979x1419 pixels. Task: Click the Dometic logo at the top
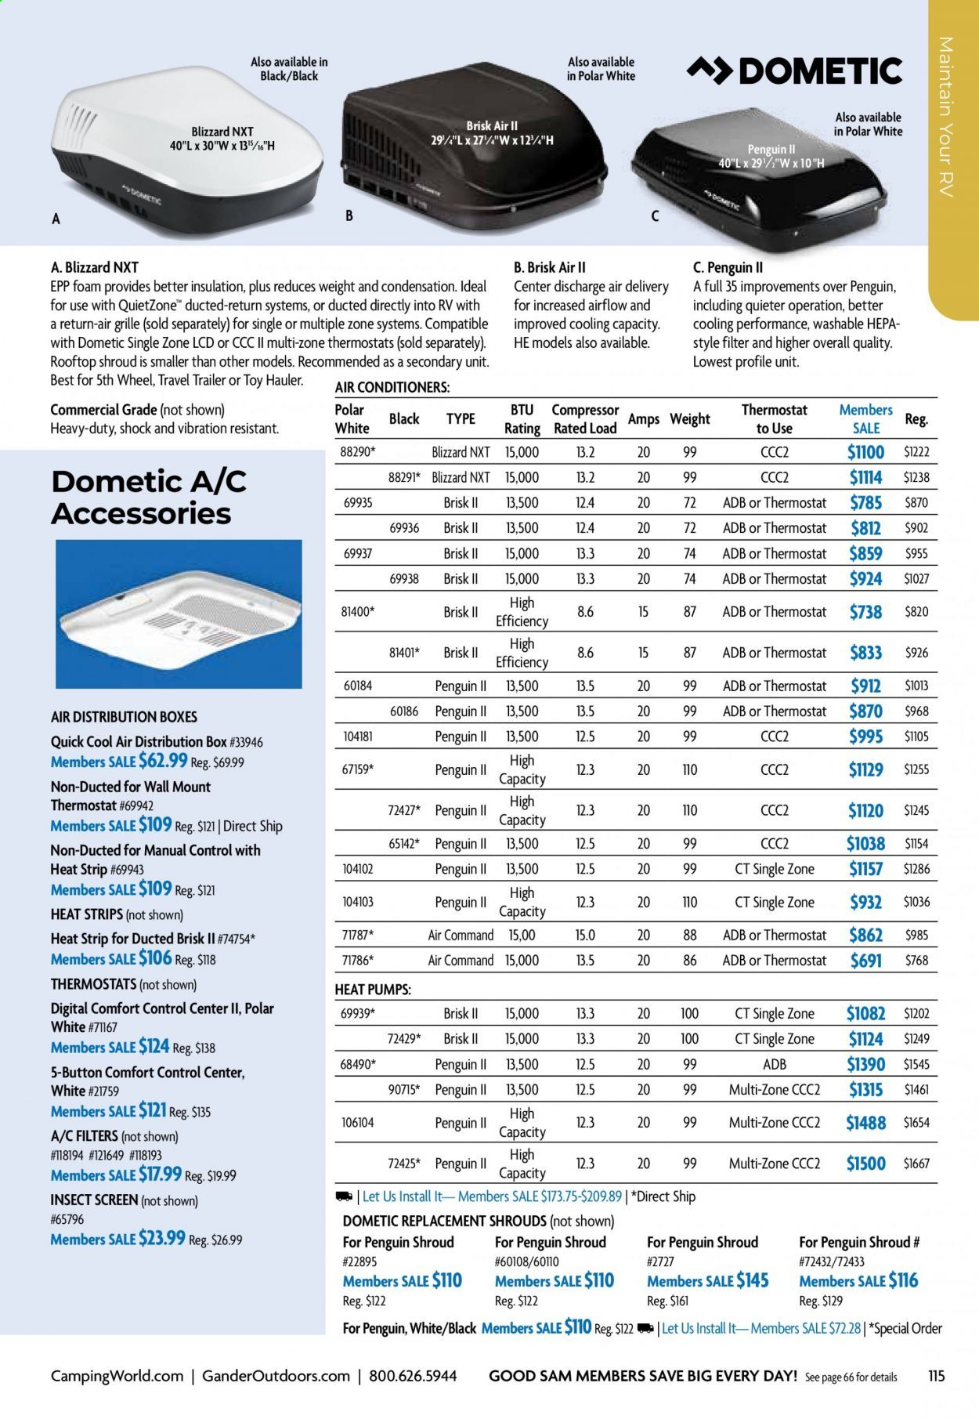(x=794, y=71)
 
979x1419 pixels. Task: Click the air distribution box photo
(x=179, y=614)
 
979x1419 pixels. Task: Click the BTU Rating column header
(x=522, y=419)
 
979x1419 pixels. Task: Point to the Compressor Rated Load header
(x=584, y=419)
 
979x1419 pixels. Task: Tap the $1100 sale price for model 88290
(x=865, y=452)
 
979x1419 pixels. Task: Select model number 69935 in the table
(x=358, y=503)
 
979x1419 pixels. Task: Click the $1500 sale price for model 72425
(x=865, y=1164)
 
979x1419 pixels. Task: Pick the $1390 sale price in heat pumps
(x=865, y=1064)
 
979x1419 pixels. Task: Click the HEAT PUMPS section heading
(x=372, y=990)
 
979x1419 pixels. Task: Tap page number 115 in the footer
(x=936, y=1376)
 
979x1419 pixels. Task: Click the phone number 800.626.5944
(x=413, y=1376)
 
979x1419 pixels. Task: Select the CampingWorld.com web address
(x=117, y=1376)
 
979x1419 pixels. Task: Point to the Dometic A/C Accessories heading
(x=149, y=497)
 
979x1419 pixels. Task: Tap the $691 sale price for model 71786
(x=865, y=960)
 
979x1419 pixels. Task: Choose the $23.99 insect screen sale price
(x=161, y=1238)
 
